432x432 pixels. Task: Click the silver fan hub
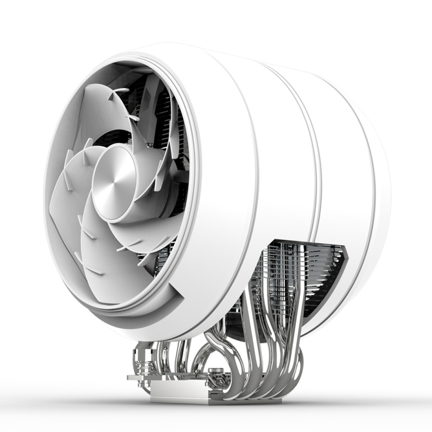coord(115,183)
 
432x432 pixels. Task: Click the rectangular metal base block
coord(179,393)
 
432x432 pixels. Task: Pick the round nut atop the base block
coord(217,375)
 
